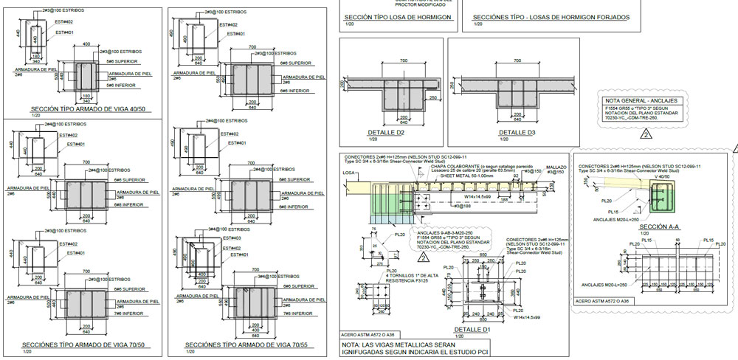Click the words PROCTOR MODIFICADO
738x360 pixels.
388,3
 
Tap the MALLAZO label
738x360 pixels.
556,168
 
